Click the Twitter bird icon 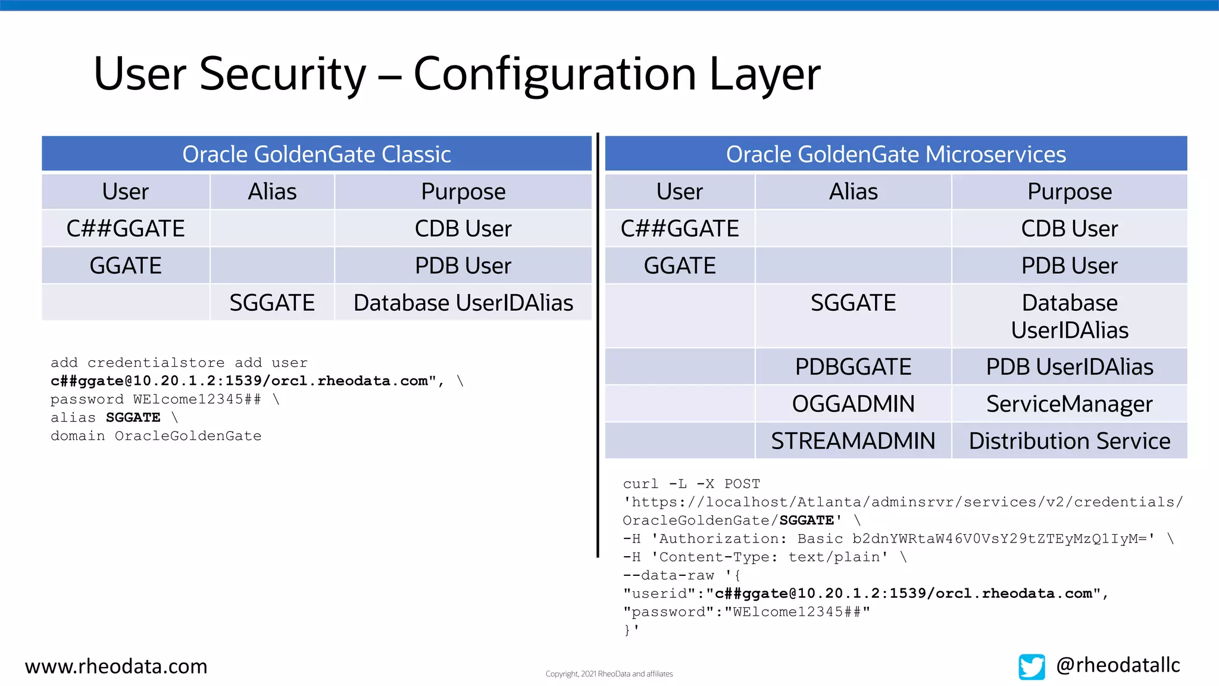[1032, 666]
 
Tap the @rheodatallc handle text [1117, 665]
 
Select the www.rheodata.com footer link [116, 666]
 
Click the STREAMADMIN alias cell [853, 441]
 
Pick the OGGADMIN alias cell [853, 404]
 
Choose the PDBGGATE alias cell [853, 367]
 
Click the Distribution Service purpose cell [1069, 441]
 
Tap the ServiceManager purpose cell [1069, 404]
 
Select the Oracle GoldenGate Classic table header [316, 154]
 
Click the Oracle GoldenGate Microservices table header [895, 154]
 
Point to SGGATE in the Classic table [272, 303]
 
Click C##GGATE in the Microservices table [679, 229]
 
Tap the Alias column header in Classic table [272, 192]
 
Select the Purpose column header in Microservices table [1069, 192]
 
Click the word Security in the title [283, 74]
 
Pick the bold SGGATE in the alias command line [133, 417]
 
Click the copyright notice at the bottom [609, 674]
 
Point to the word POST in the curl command [742, 484]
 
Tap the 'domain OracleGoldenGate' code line [156, 436]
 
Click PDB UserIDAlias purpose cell [1069, 367]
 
